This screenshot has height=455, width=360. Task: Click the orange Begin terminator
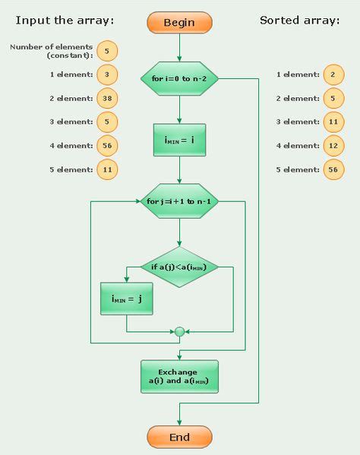[x=179, y=22]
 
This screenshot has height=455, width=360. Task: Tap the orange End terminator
[x=179, y=437]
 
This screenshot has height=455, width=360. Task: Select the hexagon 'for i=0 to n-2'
[x=179, y=78]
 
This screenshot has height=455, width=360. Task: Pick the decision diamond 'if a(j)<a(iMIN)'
[x=179, y=267]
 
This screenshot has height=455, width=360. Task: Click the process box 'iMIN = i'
[x=179, y=140]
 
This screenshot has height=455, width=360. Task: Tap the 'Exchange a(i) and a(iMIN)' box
[x=179, y=377]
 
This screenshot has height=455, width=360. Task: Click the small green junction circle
[x=179, y=331]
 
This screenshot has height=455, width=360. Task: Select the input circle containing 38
[x=107, y=98]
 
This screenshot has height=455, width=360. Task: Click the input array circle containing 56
[x=107, y=145]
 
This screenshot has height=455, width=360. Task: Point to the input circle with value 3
[x=107, y=74]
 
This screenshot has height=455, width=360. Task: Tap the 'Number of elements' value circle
[x=107, y=51]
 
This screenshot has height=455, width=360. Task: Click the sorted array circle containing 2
[x=333, y=74]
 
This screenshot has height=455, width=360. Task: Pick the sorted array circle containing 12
[x=333, y=145]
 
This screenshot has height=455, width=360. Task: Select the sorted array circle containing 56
[x=333, y=169]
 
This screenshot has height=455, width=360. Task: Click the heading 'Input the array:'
[x=65, y=21]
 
